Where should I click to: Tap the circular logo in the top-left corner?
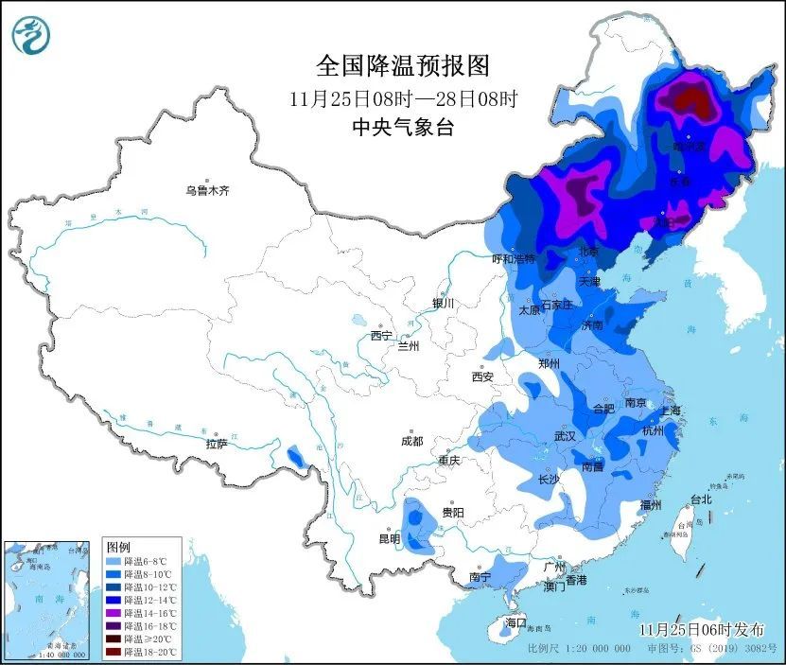[30, 36]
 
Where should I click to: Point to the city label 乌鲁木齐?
[207, 191]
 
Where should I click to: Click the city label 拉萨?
[216, 444]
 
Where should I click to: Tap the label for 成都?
[411, 441]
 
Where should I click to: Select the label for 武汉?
[566, 436]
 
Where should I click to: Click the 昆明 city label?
[390, 539]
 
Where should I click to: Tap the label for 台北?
[700, 499]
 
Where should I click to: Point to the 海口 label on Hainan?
[515, 623]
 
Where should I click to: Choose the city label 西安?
[482, 376]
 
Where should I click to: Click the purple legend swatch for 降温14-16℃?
[113, 612]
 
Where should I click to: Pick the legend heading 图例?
[118, 548]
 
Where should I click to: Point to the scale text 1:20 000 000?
[593, 650]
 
